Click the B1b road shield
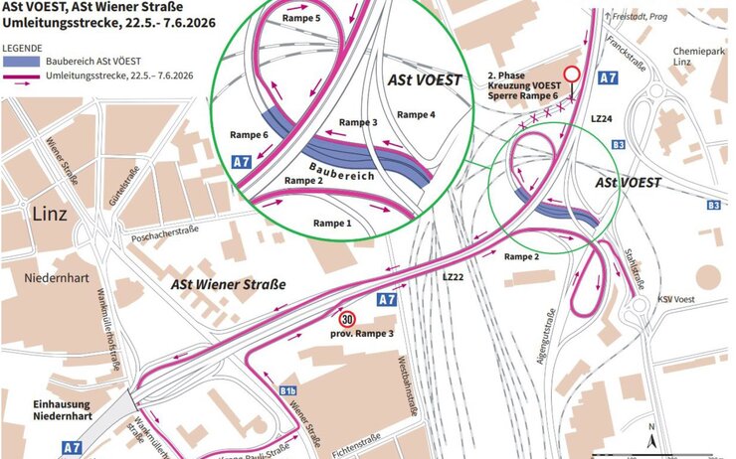click(x=288, y=389)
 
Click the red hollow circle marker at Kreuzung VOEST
click(x=571, y=75)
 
